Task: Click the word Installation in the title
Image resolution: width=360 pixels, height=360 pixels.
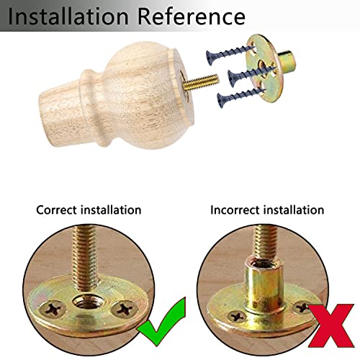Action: click(68, 17)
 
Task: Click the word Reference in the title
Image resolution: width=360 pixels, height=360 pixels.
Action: click(192, 17)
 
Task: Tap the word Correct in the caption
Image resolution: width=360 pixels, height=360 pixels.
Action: click(57, 210)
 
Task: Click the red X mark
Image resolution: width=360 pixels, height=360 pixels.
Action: click(331, 325)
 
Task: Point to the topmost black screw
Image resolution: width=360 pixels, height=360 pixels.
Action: click(229, 55)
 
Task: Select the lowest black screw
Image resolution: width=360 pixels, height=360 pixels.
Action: click(240, 97)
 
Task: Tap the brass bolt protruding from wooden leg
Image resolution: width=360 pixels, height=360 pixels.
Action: click(201, 83)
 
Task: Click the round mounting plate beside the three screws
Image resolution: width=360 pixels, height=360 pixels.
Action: click(265, 68)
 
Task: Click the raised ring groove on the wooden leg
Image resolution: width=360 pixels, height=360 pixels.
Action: click(92, 108)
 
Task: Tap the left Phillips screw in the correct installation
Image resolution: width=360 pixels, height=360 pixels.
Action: click(53, 310)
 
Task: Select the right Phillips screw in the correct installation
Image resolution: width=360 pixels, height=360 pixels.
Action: click(125, 309)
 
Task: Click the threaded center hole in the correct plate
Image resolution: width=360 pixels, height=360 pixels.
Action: click(89, 302)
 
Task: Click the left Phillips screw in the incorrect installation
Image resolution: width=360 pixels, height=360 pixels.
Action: click(237, 316)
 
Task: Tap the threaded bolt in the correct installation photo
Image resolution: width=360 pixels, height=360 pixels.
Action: click(86, 258)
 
